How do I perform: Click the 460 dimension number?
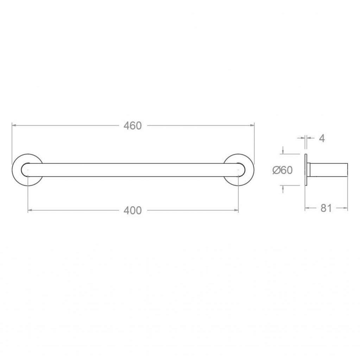pos(133,126)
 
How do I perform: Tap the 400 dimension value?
pos(133,210)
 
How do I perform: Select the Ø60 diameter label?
pos(283,170)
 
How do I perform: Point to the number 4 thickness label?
pos(322,138)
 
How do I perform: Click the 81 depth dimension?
pos(326,208)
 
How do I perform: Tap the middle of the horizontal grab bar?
pos(133,170)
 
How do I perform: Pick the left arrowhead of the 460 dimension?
pos(14,125)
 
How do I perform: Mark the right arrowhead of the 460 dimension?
pos(252,125)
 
